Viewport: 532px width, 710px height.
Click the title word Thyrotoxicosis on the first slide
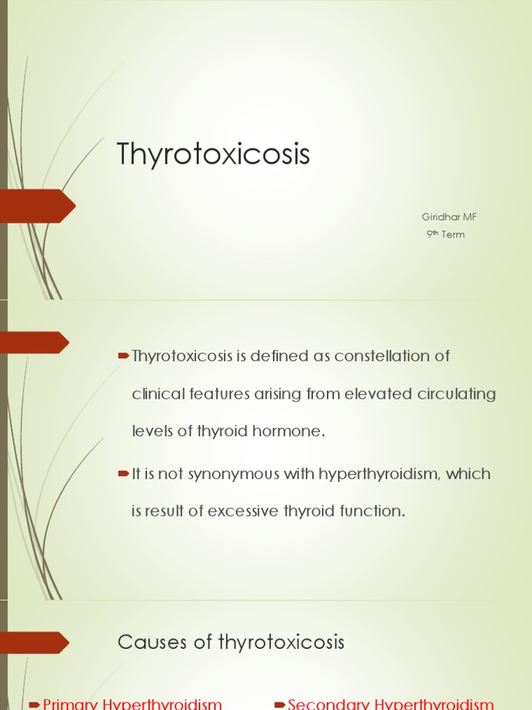pos(213,155)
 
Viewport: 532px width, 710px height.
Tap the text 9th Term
pos(445,234)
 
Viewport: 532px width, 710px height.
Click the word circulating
pos(457,394)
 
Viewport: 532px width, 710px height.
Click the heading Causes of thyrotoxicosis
pos(231,642)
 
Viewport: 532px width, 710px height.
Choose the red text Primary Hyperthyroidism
pos(132,704)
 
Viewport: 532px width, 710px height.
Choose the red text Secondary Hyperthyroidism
pos(391,704)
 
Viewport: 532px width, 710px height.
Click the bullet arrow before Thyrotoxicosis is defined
pos(124,356)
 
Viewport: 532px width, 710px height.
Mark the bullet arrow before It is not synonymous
pos(124,474)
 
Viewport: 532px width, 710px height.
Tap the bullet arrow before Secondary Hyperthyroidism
pos(280,704)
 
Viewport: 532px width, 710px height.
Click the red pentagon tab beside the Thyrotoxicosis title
pos(37,206)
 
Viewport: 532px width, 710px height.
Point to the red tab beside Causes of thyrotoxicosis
pos(35,642)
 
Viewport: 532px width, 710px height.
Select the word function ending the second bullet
pos(371,512)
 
